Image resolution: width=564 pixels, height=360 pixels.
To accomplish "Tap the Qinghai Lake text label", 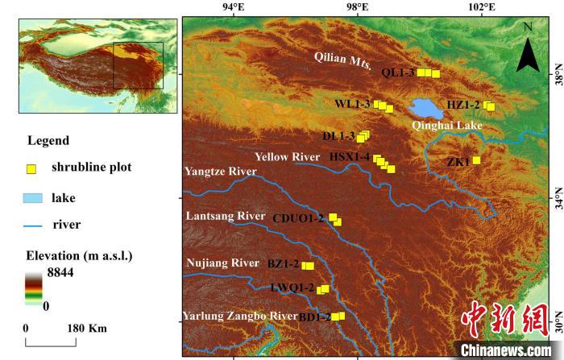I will point(446,126).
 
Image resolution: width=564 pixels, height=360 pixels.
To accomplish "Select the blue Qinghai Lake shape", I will point(420,108).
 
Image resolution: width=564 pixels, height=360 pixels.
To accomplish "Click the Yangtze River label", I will point(220,172).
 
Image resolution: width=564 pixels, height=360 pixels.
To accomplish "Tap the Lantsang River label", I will point(225,216).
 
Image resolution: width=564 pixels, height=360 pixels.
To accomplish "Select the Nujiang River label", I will point(222,263).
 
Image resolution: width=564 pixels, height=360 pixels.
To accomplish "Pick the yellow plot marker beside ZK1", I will point(476,160).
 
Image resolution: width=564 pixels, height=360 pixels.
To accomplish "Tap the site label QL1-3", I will point(398,72).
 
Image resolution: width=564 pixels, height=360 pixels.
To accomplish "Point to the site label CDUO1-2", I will point(298,218).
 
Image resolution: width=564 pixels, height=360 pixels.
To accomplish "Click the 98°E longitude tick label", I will point(358,9).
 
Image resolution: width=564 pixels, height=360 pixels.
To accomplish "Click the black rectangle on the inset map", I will point(138,66).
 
